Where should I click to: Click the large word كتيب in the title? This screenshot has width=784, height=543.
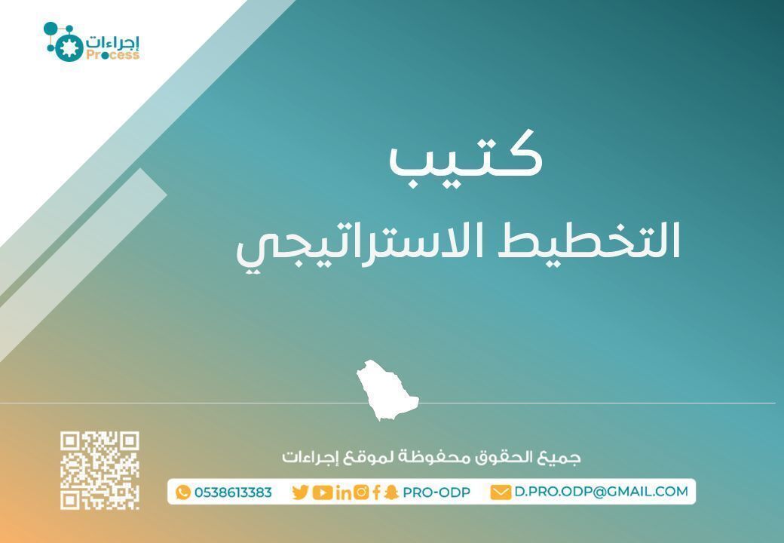coord(465,155)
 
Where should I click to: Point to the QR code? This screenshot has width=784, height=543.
coord(100,471)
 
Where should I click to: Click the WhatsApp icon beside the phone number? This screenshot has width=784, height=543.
coord(183,492)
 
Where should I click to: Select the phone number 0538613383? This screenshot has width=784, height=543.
coord(233,492)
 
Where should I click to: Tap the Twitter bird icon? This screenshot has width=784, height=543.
coord(300,492)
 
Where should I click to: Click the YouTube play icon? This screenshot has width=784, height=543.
coord(322,492)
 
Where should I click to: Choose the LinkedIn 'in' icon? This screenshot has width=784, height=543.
coord(343,492)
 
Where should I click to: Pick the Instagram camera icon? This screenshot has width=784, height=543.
coord(361,492)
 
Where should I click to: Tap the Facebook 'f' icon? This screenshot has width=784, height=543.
coord(376,492)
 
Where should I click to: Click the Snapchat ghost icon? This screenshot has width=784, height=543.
coord(390,492)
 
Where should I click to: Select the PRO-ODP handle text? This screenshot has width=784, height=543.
coord(436,492)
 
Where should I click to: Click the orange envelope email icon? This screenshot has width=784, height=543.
coord(501,492)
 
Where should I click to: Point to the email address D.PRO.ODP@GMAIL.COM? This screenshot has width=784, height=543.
coord(602,492)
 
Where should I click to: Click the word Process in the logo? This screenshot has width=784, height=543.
coord(112,55)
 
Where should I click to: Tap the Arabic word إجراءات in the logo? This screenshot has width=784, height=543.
coord(113,41)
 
